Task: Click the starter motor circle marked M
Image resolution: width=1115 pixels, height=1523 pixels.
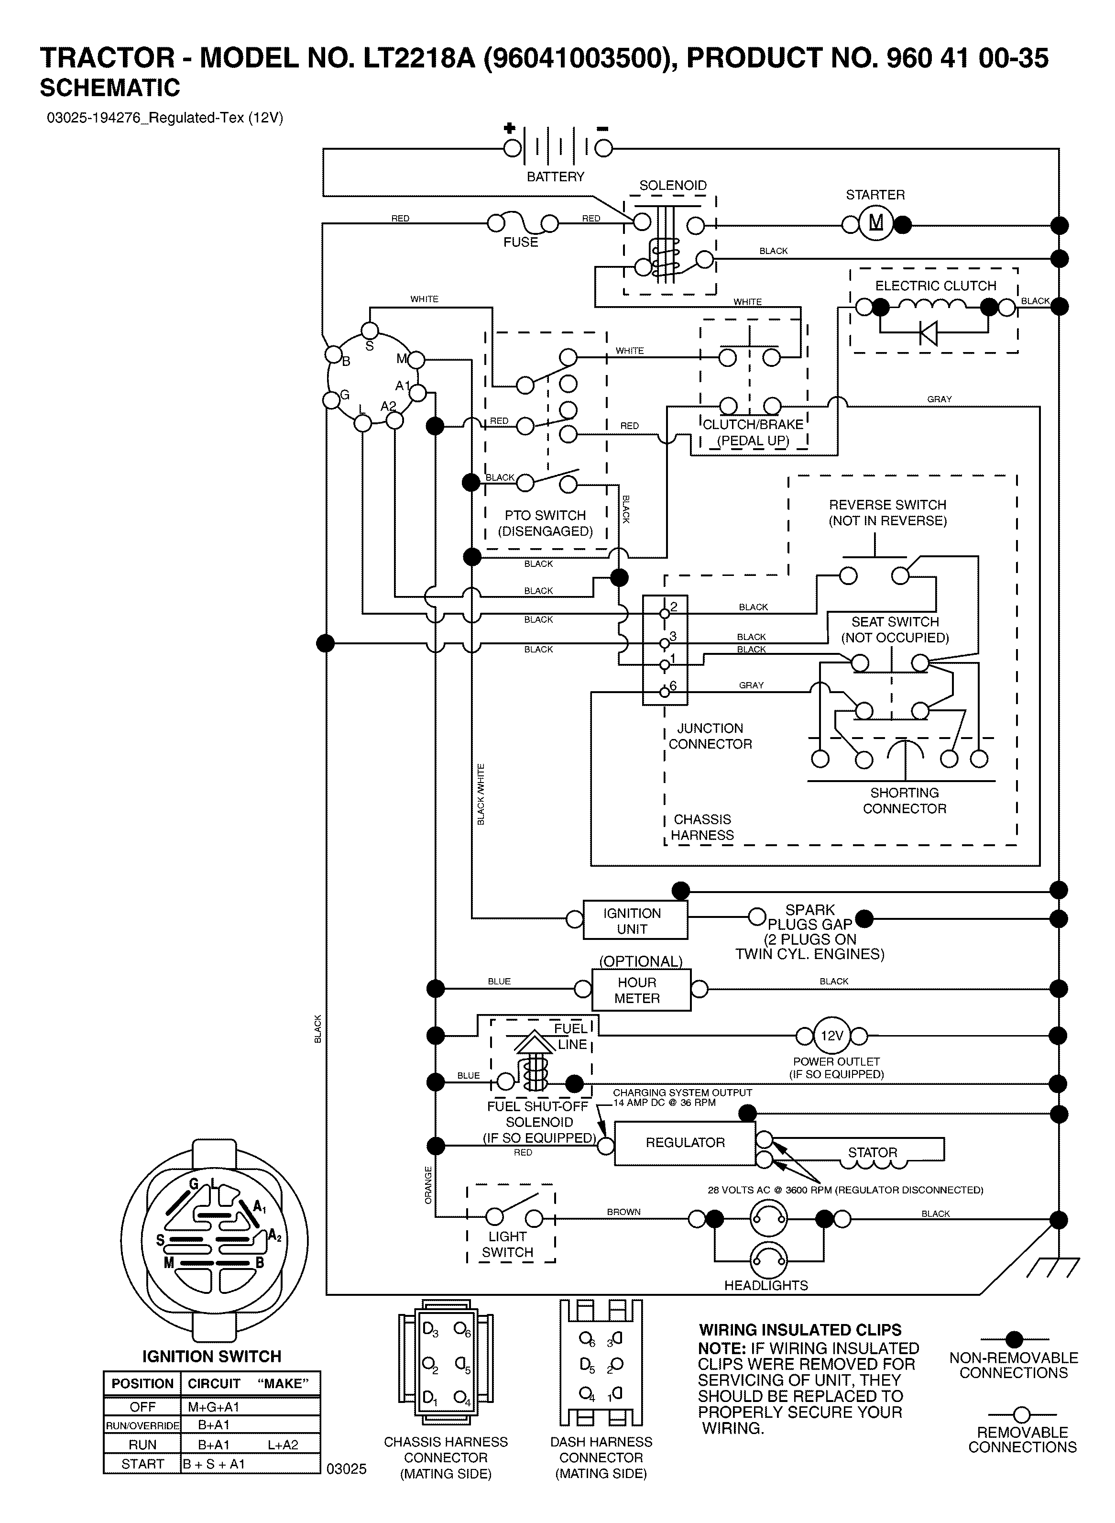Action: [876, 223]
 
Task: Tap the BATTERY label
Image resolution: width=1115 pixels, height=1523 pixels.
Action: [556, 177]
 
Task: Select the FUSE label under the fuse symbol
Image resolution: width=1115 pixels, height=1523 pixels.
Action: [520, 242]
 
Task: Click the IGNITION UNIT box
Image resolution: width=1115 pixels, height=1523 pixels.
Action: [635, 920]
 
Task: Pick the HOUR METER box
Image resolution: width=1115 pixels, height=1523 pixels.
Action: [641, 990]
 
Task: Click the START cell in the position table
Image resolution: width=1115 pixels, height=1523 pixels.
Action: [142, 1464]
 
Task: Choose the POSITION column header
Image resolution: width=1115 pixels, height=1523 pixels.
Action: [142, 1383]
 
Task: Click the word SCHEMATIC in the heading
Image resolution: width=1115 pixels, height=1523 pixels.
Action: [110, 88]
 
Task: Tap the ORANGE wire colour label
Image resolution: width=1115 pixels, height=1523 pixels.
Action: [428, 1185]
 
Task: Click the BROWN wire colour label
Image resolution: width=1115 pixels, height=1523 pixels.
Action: [623, 1212]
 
